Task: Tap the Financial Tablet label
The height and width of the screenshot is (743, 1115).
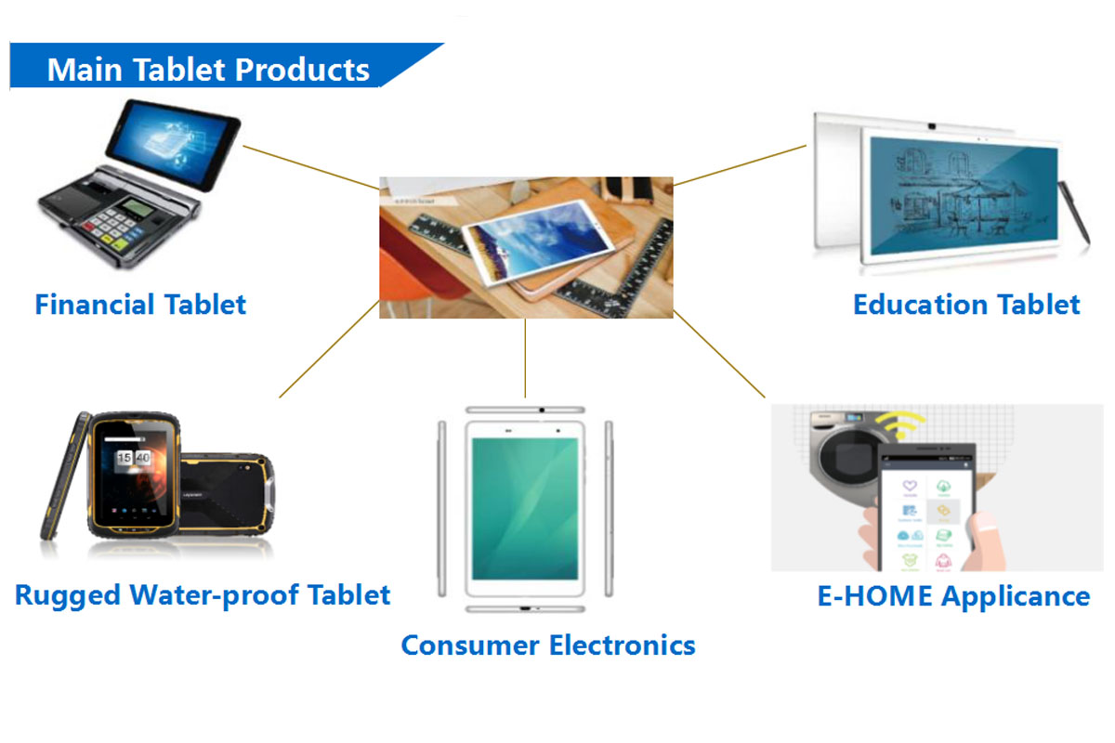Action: click(140, 305)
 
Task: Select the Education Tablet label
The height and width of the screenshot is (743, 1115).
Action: click(966, 305)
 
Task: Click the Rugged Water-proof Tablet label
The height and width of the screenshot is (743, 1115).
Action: click(203, 595)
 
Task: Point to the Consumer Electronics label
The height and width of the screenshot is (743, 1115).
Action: click(548, 645)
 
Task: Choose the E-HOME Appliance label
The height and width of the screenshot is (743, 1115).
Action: click(953, 595)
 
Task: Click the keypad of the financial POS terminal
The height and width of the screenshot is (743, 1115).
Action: click(113, 227)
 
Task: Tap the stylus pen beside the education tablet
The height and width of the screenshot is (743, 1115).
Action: click(1075, 213)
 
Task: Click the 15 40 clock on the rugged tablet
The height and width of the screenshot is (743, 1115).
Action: click(134, 457)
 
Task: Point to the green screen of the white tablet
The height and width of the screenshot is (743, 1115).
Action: click(525, 509)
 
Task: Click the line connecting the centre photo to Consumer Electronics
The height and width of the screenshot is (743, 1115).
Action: click(525, 358)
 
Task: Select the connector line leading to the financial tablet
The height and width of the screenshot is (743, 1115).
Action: click(311, 168)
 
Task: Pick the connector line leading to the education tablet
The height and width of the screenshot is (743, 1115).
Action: click(740, 165)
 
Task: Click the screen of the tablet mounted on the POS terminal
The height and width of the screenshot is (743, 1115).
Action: click(173, 144)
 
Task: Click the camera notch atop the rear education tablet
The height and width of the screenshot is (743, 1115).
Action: click(932, 126)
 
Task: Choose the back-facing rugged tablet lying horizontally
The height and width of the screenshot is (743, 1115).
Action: click(227, 492)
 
